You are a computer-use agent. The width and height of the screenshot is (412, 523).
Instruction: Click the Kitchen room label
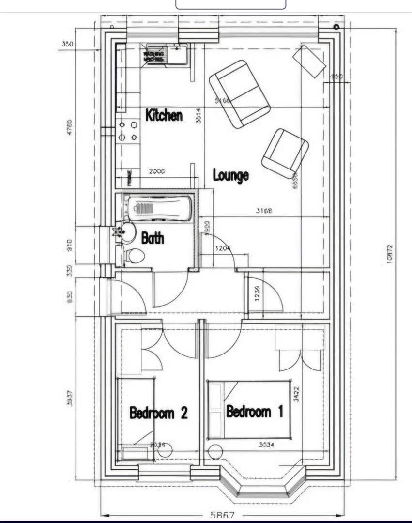164,115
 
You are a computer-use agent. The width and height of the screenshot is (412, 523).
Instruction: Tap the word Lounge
231,175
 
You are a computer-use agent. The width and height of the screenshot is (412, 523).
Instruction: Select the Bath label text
153,238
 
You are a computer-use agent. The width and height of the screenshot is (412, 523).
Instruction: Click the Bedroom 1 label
255,412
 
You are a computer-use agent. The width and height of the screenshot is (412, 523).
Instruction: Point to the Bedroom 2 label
158,413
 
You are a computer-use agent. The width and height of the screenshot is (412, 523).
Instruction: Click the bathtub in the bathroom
158,209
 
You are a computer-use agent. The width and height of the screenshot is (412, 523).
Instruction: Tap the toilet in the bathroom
134,256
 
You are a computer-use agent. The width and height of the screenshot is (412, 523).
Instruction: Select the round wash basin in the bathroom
128,232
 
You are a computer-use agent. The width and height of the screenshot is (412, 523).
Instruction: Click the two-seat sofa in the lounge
240,94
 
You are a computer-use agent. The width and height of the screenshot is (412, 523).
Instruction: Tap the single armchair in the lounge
285,153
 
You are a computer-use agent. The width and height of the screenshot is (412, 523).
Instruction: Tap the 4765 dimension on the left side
69,127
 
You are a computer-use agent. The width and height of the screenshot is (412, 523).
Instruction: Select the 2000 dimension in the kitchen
156,171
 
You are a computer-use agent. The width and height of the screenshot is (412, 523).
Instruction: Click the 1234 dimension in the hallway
257,293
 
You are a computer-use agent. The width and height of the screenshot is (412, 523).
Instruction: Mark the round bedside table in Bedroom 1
215,451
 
